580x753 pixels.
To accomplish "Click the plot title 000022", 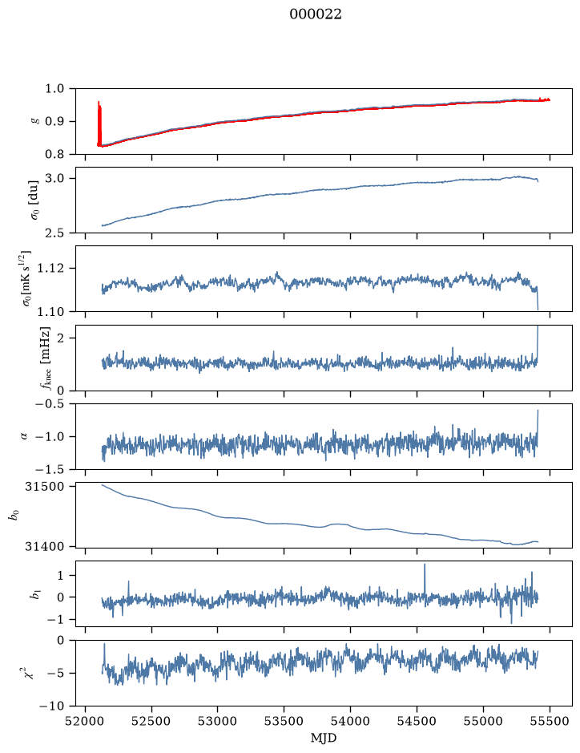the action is click(x=315, y=14).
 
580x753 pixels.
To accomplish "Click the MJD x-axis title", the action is click(x=324, y=738).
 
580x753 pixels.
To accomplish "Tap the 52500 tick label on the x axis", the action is click(x=151, y=721).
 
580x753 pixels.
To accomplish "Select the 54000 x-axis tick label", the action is click(x=350, y=721).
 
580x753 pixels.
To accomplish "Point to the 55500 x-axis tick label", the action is click(x=550, y=721).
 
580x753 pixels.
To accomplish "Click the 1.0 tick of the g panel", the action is click(x=54, y=89).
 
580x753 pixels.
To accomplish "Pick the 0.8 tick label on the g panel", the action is click(x=54, y=154).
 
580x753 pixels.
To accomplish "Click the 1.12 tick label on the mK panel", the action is click(x=50, y=268).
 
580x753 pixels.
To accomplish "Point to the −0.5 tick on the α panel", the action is click(x=50, y=404).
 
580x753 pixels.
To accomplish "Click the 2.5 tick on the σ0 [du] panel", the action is click(x=54, y=233).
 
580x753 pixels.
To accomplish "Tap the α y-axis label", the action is click(x=25, y=436).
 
